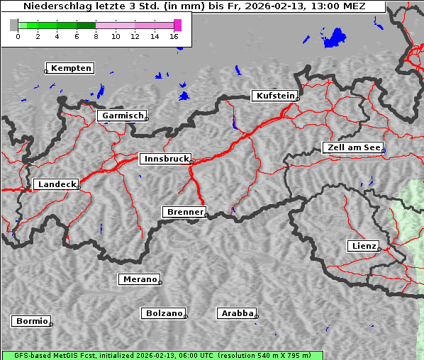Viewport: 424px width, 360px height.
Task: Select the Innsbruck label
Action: point(165,159)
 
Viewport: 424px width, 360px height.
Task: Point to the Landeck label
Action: point(57,184)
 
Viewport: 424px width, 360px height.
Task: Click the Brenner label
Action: point(185,212)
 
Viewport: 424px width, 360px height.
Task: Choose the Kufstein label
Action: point(274,96)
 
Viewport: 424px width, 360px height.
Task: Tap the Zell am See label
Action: point(352,147)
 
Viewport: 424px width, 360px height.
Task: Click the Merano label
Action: point(140,279)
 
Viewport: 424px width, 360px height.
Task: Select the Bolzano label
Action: point(164,313)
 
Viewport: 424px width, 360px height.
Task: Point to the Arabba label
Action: point(237,313)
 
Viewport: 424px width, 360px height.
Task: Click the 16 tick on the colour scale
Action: point(174,36)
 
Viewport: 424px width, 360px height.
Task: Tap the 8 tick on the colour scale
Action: point(96,36)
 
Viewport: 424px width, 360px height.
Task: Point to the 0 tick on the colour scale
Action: point(18,36)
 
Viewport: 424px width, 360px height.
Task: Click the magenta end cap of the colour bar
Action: point(177,25)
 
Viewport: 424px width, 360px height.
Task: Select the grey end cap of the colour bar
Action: point(13,25)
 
